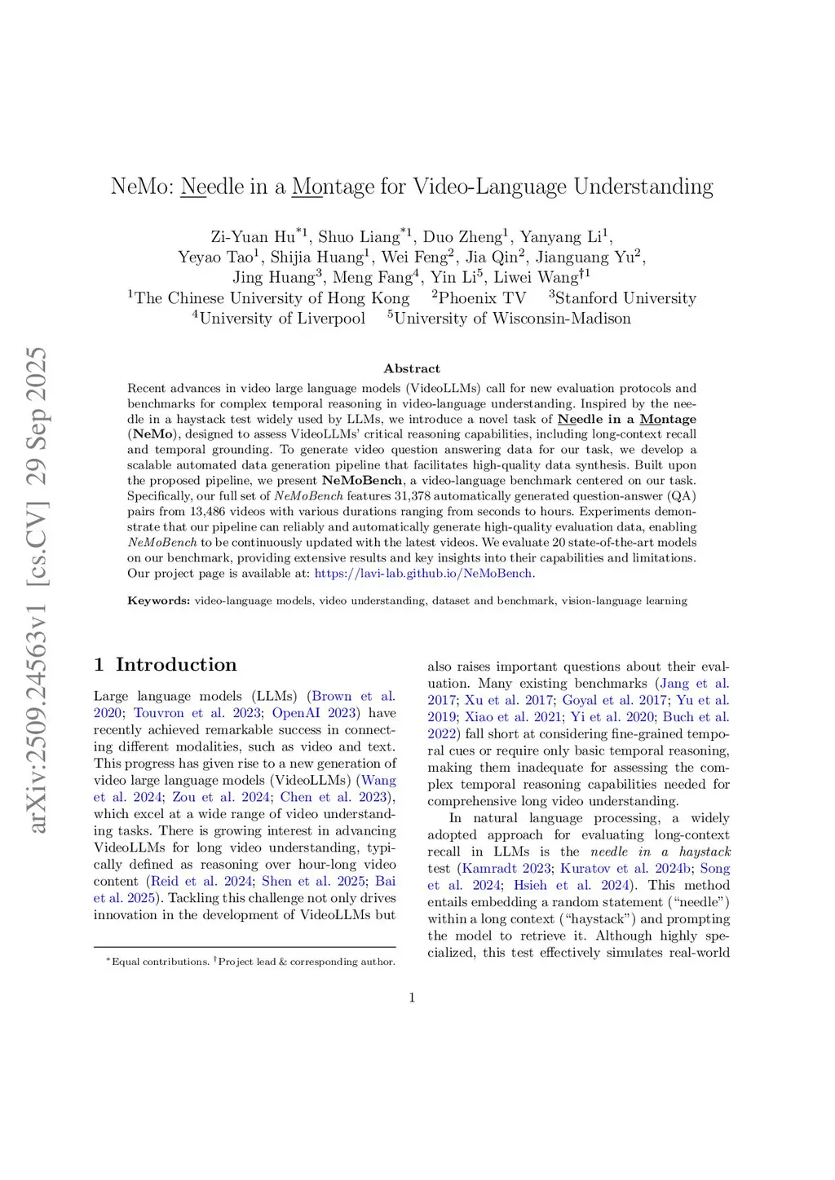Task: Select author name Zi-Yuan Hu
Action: (x=254, y=237)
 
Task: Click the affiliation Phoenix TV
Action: (x=482, y=298)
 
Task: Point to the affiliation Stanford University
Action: (x=625, y=298)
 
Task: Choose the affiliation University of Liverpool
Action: (x=282, y=319)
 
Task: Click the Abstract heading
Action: (x=412, y=368)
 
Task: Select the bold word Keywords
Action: (x=158, y=601)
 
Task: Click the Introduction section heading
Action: (x=175, y=665)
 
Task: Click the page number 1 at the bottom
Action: (x=412, y=997)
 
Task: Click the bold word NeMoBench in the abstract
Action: (x=362, y=480)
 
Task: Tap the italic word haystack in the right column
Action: (x=705, y=852)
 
